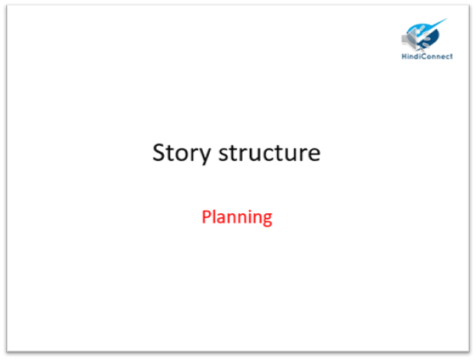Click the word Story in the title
pos(182,153)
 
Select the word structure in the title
pos(269,152)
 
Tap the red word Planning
pos(237,218)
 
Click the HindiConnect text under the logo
pos(427,56)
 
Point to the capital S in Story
pos(160,152)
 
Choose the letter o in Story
pos(183,155)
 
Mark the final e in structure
pos(314,155)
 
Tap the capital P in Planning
pos(207,216)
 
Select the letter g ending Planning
pos(267,219)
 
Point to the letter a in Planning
pos(224,219)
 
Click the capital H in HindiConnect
pos(405,56)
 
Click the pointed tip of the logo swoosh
pos(447,19)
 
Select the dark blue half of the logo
pos(432,38)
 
